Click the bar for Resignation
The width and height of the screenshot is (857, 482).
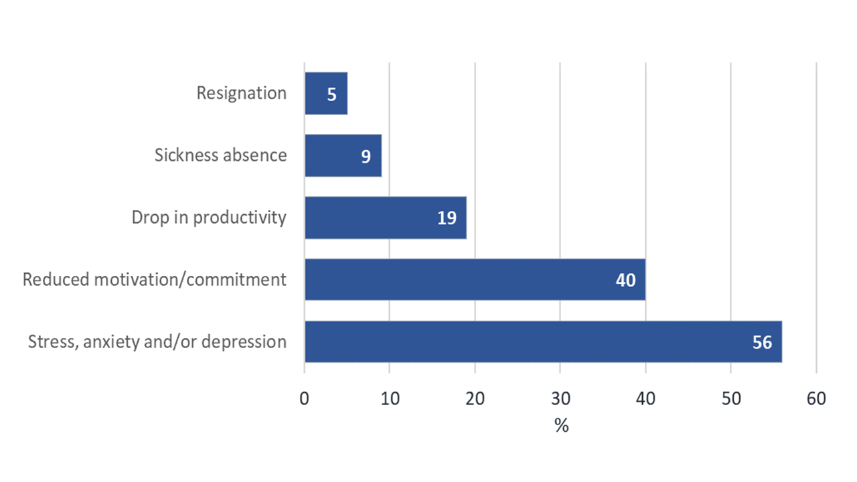click(x=326, y=94)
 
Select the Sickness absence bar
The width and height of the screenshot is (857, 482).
click(x=343, y=155)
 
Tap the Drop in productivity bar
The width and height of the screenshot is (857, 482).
click(x=385, y=218)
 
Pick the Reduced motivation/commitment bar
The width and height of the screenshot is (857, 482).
click(x=475, y=279)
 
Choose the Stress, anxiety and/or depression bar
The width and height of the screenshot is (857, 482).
click(x=543, y=341)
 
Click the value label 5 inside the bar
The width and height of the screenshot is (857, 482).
click(x=332, y=94)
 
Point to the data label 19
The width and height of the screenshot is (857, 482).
click(x=447, y=218)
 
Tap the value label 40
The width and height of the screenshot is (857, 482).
click(x=625, y=280)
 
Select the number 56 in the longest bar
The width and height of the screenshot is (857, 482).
click(x=762, y=342)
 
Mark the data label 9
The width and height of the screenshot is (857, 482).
click(x=367, y=156)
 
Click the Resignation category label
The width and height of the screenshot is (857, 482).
click(x=241, y=93)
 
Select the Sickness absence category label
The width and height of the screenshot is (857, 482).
click(x=220, y=155)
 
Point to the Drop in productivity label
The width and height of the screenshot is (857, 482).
click(x=209, y=218)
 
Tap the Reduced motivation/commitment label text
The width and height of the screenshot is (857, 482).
click(x=155, y=279)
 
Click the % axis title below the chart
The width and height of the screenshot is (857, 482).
click(x=561, y=426)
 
